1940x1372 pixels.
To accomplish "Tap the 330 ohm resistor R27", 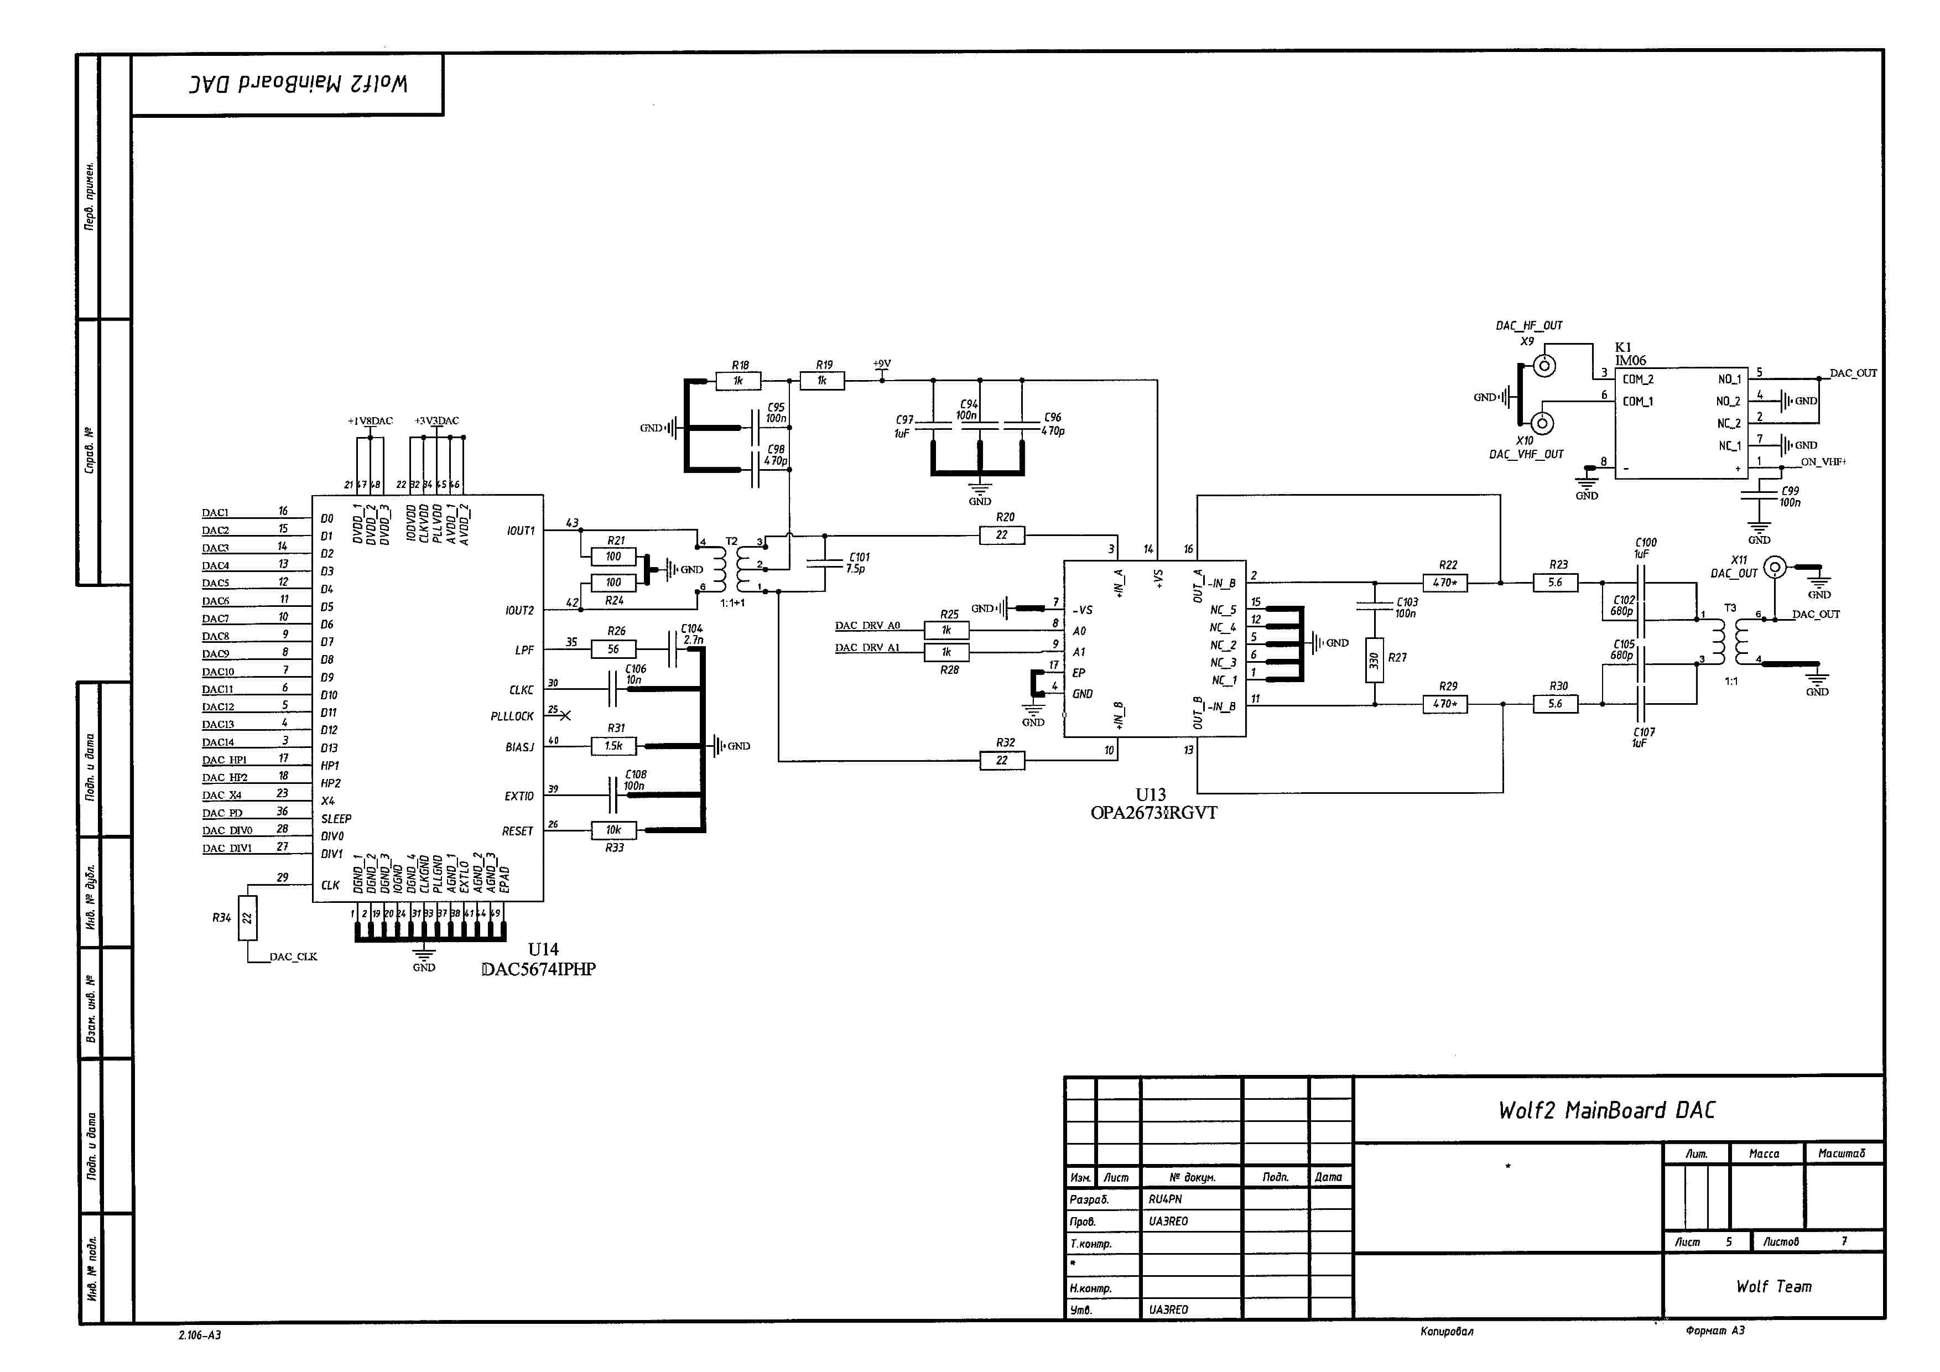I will click(1374, 661).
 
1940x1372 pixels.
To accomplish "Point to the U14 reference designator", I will click(543, 949).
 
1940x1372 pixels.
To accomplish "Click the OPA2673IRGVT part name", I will click(1153, 813).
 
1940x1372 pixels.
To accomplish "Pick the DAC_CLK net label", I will click(293, 957).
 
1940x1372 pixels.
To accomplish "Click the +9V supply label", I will click(881, 364).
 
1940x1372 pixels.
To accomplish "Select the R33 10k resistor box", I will click(613, 830).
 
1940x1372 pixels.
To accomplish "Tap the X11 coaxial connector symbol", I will click(1776, 567).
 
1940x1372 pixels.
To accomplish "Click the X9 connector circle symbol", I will click(1546, 365).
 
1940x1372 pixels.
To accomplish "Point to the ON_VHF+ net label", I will click(1823, 462).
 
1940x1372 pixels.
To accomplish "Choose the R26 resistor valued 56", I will click(613, 649).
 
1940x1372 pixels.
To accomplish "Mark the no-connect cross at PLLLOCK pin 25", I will click(565, 715).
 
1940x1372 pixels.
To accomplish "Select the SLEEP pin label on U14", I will click(335, 819).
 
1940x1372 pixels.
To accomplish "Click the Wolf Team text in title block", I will click(1773, 1287).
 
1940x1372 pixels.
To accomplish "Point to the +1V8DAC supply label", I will click(370, 420).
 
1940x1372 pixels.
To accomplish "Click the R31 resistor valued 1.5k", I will click(613, 746).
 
